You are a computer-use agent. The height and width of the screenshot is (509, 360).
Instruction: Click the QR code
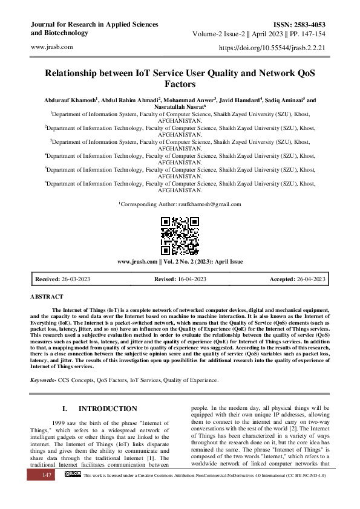[180, 235]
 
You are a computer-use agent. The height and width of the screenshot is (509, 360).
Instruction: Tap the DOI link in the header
[274, 47]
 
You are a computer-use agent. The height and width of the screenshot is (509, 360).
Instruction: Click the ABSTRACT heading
[47, 297]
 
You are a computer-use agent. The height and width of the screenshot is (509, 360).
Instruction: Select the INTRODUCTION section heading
[108, 409]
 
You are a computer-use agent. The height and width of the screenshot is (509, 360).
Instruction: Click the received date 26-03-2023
[76, 279]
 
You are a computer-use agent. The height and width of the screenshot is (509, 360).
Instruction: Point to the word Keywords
[43, 380]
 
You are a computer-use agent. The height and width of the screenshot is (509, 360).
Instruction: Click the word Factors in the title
[180, 85]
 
